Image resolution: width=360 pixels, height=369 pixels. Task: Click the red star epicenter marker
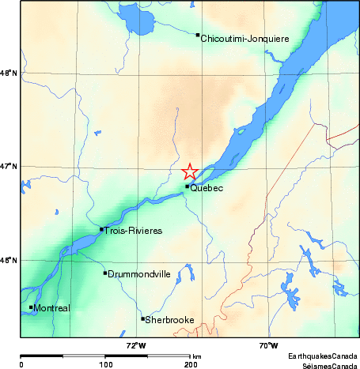click(x=190, y=171)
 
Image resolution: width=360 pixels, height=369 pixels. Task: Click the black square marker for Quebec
click(x=188, y=186)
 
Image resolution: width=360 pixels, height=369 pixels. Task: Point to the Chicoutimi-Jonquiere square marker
click(x=198, y=35)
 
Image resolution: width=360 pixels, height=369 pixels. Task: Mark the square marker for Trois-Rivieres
click(x=102, y=229)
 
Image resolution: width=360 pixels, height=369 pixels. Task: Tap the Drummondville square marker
click(x=105, y=273)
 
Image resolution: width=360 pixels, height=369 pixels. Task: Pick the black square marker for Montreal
click(x=32, y=307)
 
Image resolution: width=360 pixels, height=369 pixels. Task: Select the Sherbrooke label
click(x=169, y=320)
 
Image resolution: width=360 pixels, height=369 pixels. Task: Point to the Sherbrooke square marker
click(x=143, y=319)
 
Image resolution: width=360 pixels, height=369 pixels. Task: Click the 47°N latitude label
click(x=9, y=166)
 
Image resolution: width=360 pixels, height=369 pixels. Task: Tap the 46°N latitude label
click(x=9, y=260)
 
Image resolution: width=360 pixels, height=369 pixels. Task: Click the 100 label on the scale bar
click(x=104, y=365)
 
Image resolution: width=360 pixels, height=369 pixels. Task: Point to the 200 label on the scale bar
click(x=190, y=365)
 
